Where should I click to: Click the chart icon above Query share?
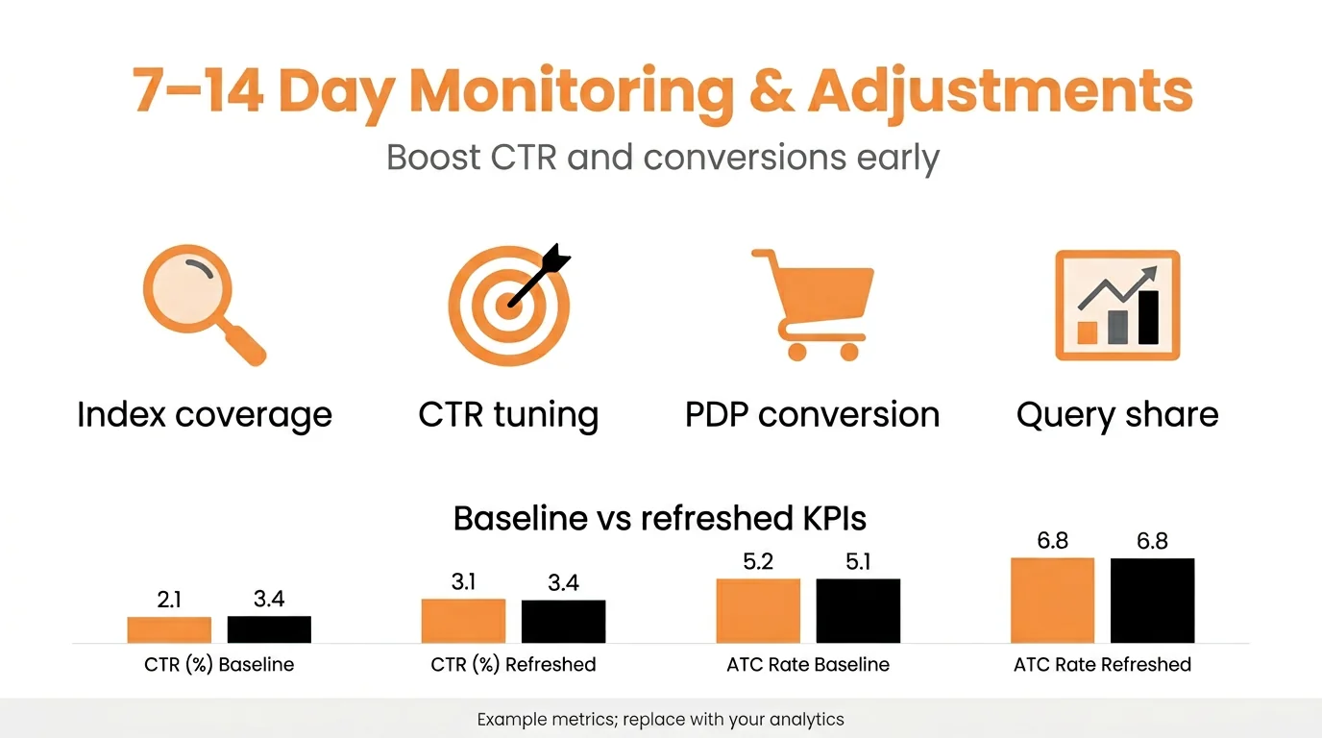pyautogui.click(x=1117, y=305)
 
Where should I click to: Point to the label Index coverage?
pyautogui.click(x=205, y=415)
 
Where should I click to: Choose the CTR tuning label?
pyautogui.click(x=508, y=415)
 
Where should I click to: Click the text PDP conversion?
pyautogui.click(x=812, y=415)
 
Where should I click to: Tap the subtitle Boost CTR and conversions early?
pyautogui.click(x=662, y=157)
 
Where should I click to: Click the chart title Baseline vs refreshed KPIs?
pyautogui.click(x=660, y=519)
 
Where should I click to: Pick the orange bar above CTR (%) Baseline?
pyautogui.click(x=169, y=629)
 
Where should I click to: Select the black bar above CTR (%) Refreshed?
pyautogui.click(x=563, y=622)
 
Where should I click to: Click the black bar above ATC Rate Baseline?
pyautogui.click(x=858, y=611)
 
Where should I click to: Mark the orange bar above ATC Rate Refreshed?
pyautogui.click(x=1052, y=601)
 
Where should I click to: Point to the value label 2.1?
pyautogui.click(x=169, y=600)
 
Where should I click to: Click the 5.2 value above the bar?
pyautogui.click(x=758, y=562)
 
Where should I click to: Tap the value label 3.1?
pyautogui.click(x=463, y=582)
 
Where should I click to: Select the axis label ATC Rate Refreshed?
pyautogui.click(x=1102, y=664)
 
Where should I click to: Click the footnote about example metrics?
pyautogui.click(x=660, y=719)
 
